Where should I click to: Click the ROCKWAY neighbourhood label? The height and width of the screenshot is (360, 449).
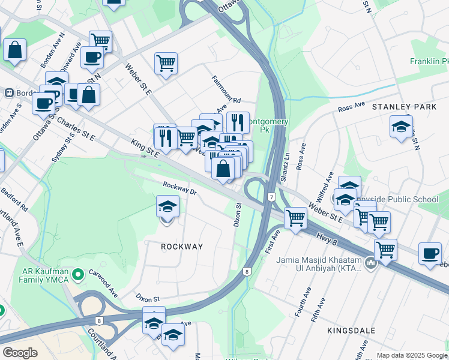[181, 247]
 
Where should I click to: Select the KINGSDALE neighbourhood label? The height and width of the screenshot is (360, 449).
[351, 331]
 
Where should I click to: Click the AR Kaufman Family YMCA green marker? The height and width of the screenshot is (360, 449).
[77, 275]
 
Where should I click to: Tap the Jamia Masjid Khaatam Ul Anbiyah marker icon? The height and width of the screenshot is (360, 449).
[370, 263]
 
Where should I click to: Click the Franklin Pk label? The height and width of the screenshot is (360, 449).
[429, 61]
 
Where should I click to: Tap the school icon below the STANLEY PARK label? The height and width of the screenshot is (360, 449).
[401, 127]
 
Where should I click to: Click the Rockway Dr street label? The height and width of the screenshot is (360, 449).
[179, 188]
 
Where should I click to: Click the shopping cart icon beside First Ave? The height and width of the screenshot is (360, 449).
[295, 218]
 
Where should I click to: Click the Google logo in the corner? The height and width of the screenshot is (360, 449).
[20, 353]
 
